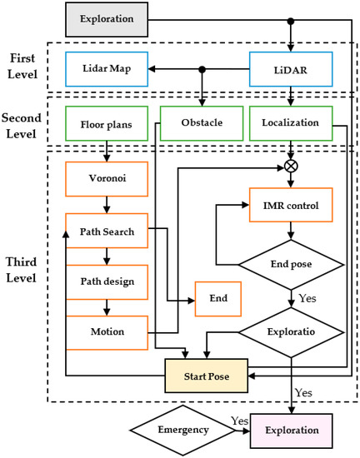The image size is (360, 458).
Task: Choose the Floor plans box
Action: pyautogui.click(x=105, y=122)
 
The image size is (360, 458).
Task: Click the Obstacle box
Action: pyautogui.click(x=199, y=122)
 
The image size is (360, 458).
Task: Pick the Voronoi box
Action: pyautogui.click(x=105, y=177)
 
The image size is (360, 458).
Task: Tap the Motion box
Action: pyautogui.click(x=105, y=332)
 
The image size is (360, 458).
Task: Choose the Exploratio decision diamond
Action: pyautogui.click(x=290, y=331)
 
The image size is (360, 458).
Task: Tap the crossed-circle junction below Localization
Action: pyautogui.click(x=290, y=166)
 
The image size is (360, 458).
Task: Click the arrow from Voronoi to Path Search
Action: pyautogui.click(x=105, y=202)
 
